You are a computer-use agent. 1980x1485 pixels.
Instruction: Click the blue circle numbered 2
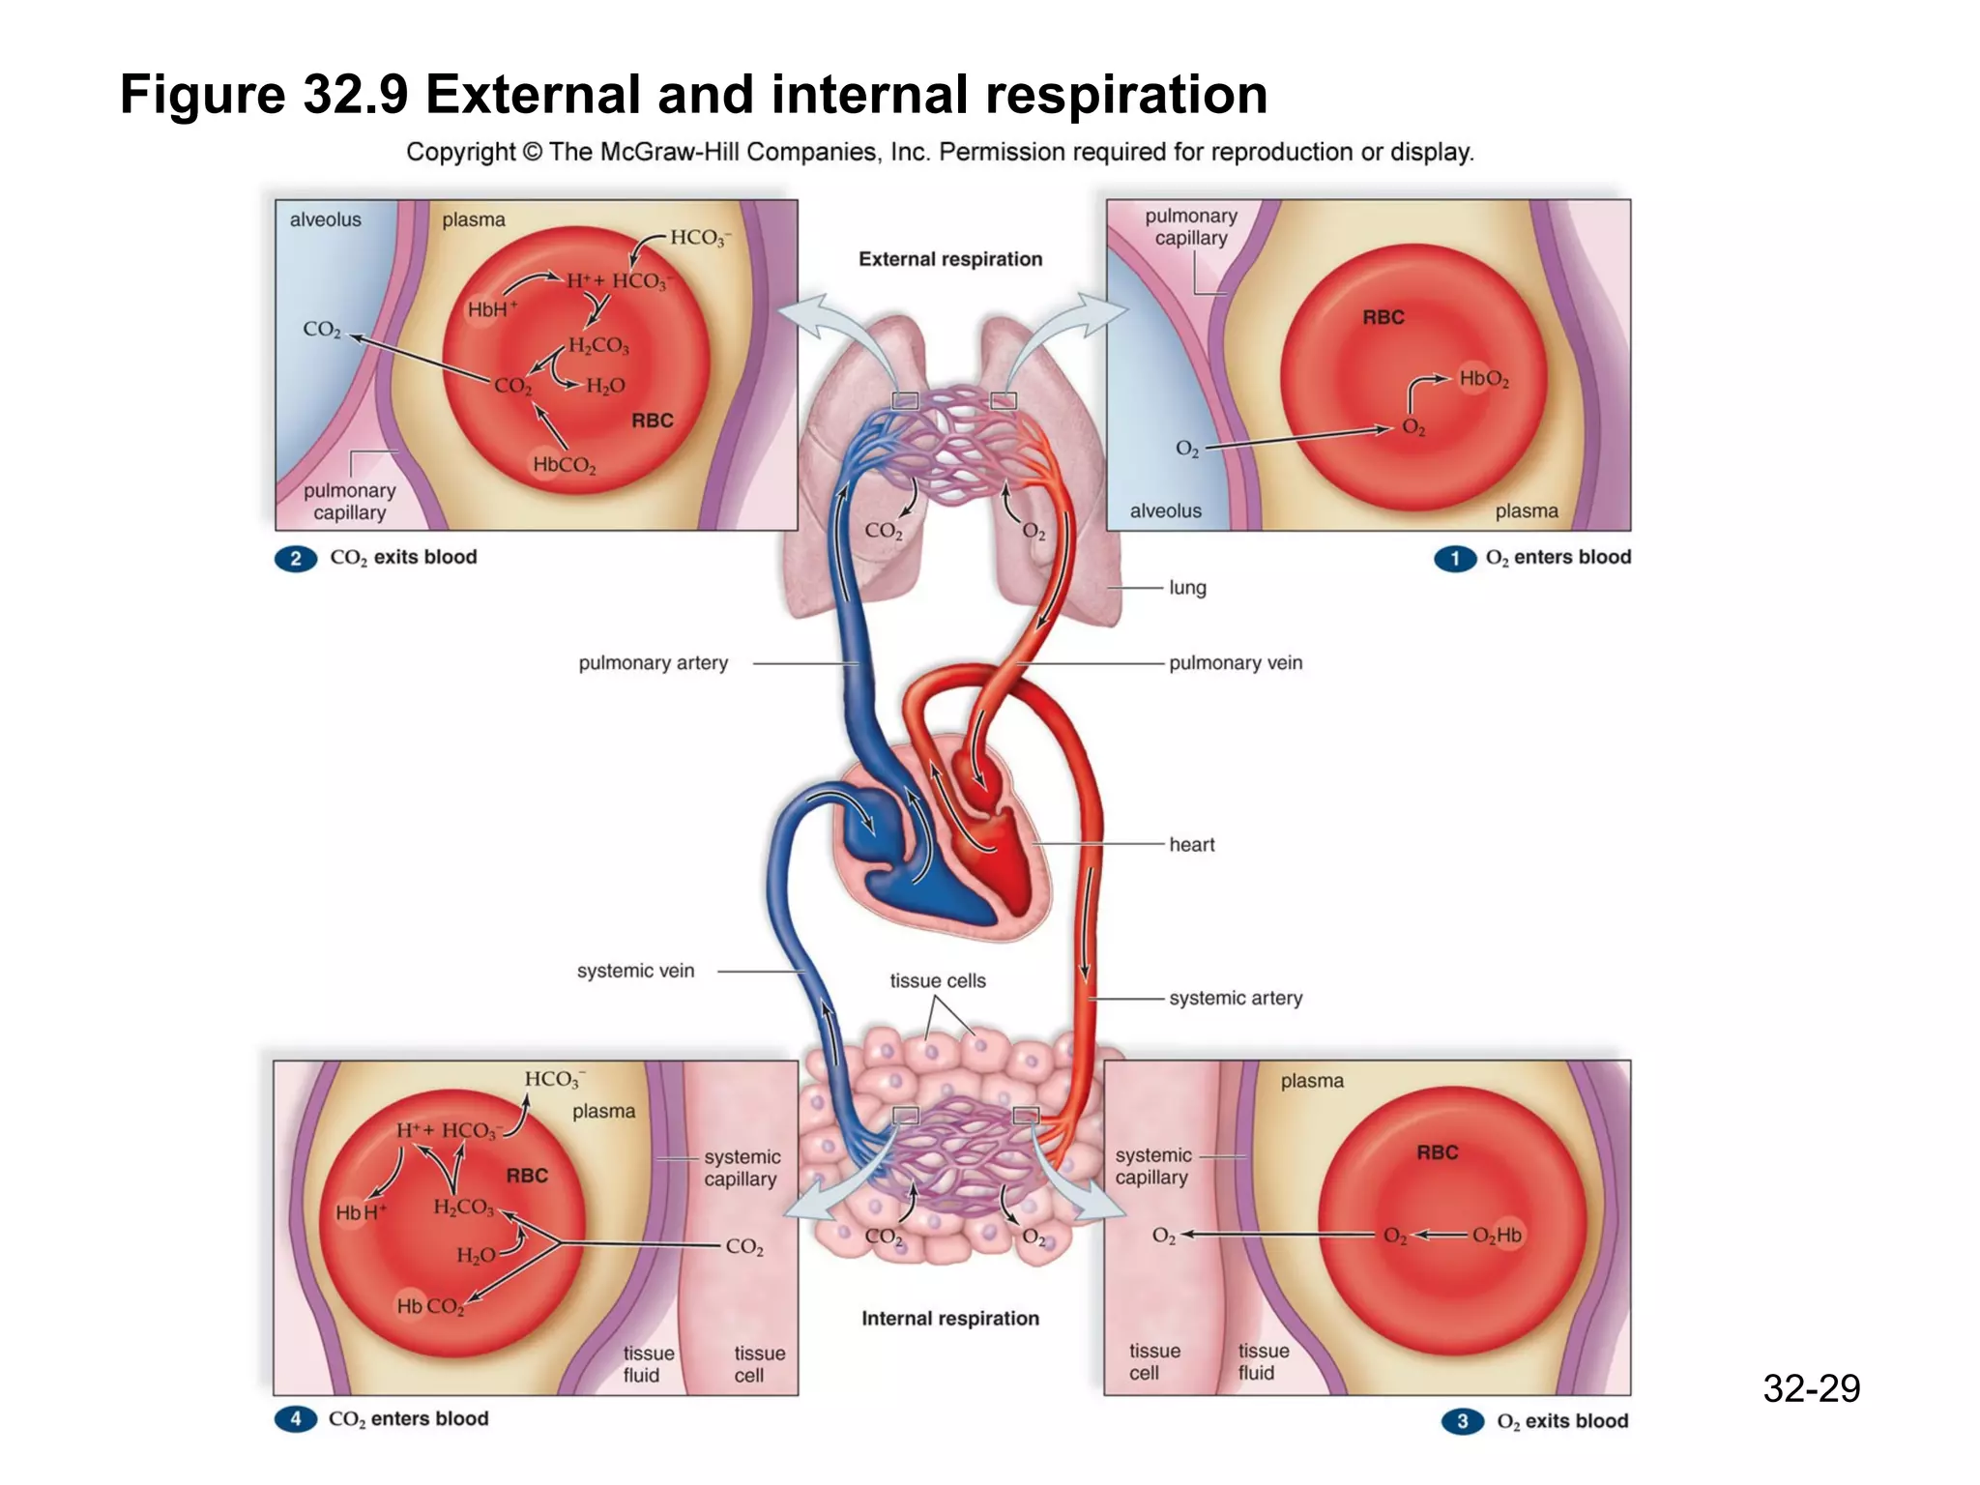coord(296,559)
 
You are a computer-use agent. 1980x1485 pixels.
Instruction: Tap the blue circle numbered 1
coord(1455,559)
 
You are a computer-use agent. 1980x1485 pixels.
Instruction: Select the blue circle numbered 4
coord(296,1419)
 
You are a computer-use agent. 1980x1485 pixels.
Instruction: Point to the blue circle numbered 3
coord(1463,1421)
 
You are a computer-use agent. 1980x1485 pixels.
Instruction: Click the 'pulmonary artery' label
coord(653,663)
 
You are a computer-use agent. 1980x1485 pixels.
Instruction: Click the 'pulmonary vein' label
coord(1236,663)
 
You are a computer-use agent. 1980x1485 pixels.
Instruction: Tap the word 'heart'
coord(1191,845)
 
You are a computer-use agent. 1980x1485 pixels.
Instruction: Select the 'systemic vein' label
coord(635,971)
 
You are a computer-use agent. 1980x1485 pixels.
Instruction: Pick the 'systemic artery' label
coord(1236,998)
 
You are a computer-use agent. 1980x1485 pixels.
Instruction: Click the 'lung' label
coord(1187,588)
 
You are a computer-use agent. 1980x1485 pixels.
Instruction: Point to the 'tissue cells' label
coord(938,980)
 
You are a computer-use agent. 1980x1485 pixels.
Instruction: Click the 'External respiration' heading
coord(950,259)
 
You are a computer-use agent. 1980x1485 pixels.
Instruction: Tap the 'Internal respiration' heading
coord(950,1319)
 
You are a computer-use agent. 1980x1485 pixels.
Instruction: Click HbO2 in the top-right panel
coord(1483,379)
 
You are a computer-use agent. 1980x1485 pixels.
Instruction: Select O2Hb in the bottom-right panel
coord(1497,1236)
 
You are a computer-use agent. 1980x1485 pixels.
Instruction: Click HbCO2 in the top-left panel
coord(564,465)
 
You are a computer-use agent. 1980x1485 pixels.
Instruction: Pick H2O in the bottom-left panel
coord(476,1255)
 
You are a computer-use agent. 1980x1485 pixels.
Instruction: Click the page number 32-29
coord(1811,1388)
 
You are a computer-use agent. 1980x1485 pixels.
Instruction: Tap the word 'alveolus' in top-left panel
coord(325,219)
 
